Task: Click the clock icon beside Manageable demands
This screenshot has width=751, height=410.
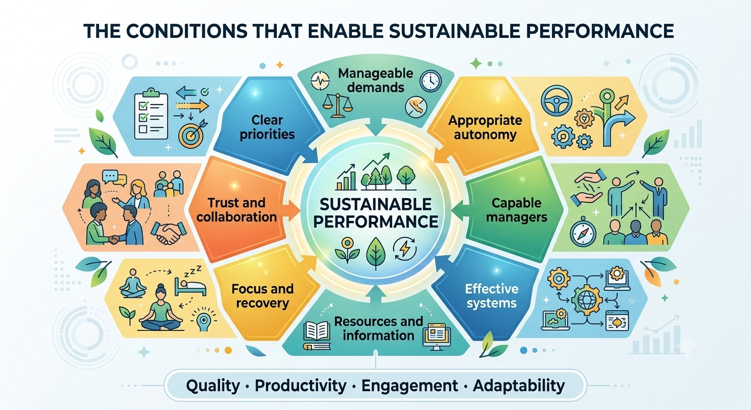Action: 430,81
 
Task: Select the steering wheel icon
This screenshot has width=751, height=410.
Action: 556,101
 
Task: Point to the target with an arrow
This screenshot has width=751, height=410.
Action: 193,133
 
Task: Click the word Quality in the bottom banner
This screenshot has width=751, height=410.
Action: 213,386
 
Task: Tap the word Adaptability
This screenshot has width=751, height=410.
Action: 518,386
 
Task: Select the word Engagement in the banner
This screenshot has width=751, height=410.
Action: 410,386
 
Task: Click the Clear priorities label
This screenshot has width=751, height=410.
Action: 267,127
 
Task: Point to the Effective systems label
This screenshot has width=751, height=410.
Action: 491,296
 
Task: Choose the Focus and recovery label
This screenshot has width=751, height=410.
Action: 262,296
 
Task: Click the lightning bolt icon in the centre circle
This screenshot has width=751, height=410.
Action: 405,249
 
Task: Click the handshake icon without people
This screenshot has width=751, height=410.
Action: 169,232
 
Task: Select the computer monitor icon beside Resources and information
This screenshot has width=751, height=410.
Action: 437,336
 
